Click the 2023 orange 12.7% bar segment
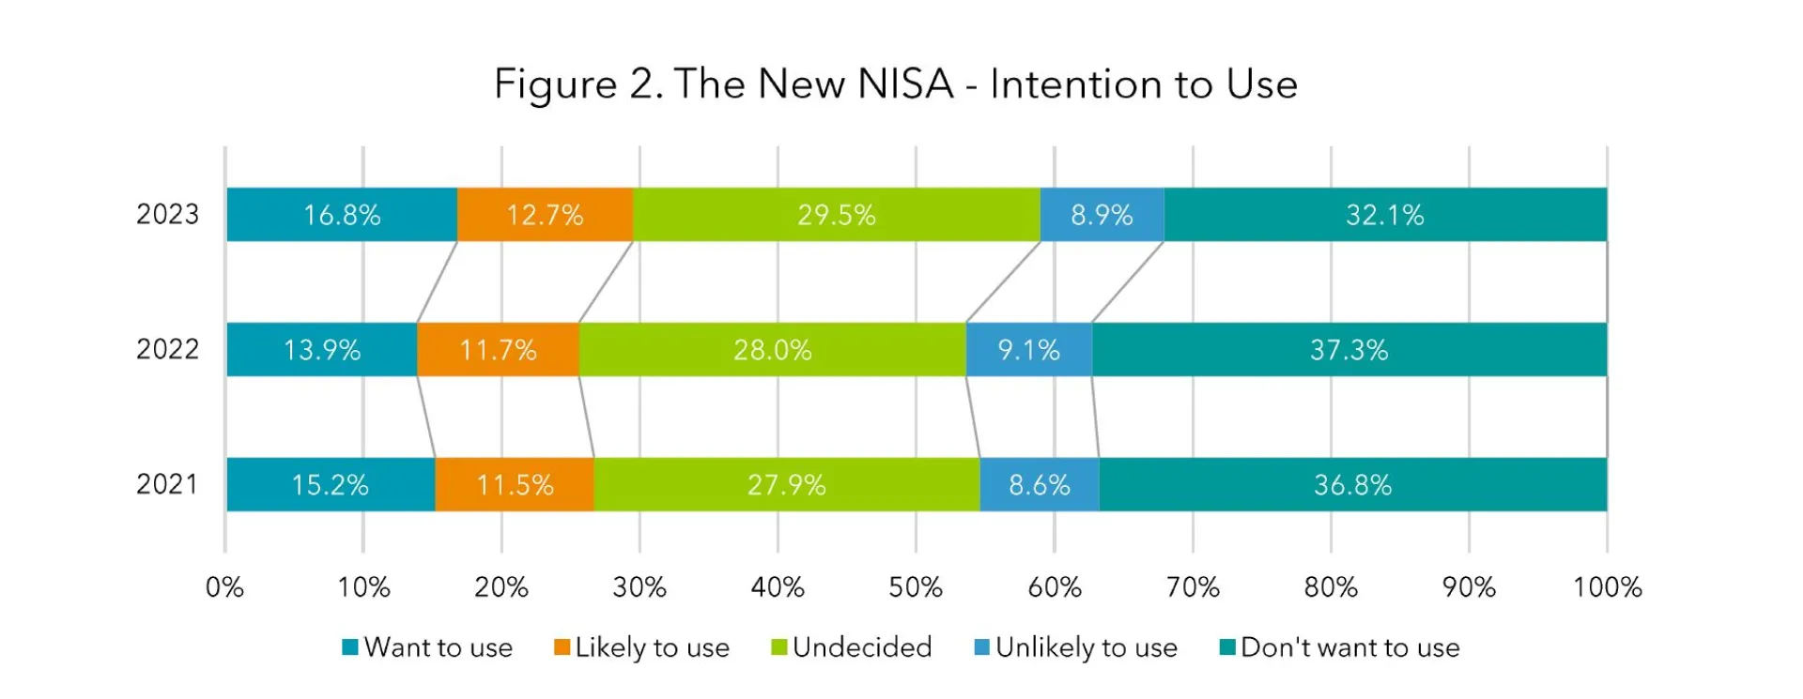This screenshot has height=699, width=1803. (x=545, y=215)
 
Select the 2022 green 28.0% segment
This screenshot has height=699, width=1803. (x=772, y=350)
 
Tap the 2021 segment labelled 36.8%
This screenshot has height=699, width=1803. (x=1352, y=485)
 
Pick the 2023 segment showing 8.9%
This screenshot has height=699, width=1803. (x=1102, y=215)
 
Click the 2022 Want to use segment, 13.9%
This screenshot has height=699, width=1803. (x=321, y=350)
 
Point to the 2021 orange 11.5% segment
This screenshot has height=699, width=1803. (x=515, y=485)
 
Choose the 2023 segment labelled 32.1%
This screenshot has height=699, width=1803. (x=1385, y=215)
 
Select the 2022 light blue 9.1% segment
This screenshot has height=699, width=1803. (x=1028, y=350)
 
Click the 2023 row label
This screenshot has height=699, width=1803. (x=167, y=215)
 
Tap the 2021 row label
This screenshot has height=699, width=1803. (x=167, y=484)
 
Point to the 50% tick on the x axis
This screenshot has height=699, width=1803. (x=916, y=588)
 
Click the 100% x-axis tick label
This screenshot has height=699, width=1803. (x=1607, y=588)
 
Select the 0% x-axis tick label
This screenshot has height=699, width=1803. (x=224, y=588)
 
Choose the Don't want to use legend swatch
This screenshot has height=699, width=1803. (x=1227, y=647)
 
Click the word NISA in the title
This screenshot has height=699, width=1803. (x=906, y=84)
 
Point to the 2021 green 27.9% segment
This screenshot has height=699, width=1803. (x=786, y=485)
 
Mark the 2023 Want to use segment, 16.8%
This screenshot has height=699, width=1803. (x=342, y=215)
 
